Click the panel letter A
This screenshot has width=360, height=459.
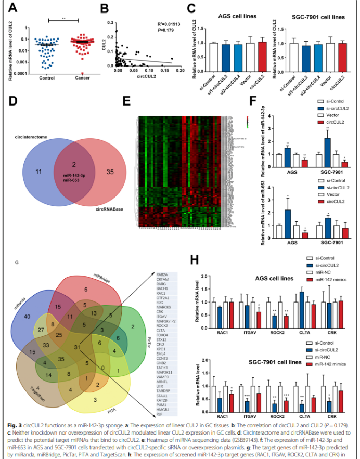10,7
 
